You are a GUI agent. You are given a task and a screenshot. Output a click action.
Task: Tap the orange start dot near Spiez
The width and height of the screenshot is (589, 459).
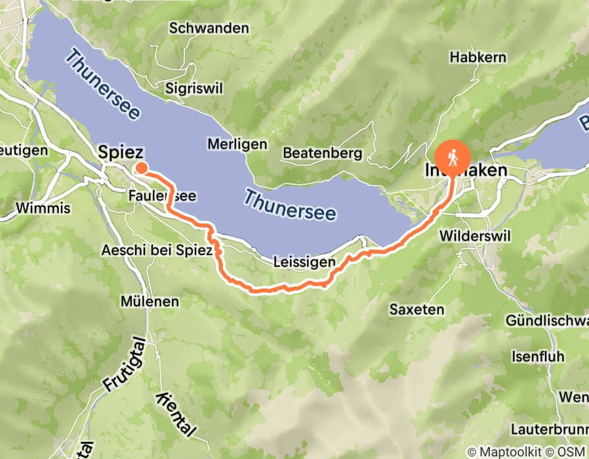click(140, 169)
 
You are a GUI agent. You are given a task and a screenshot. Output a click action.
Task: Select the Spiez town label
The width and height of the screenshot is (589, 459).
click(121, 151)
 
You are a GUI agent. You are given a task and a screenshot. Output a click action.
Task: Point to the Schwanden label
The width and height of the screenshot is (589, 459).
click(209, 28)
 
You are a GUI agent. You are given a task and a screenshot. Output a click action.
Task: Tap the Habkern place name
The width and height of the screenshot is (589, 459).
click(477, 58)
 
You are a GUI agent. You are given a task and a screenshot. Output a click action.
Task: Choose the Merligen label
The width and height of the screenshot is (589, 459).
click(237, 144)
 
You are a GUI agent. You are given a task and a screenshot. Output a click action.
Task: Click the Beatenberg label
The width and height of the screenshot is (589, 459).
click(323, 153)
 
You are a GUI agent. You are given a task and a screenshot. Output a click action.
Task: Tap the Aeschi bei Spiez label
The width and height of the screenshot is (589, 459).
click(157, 250)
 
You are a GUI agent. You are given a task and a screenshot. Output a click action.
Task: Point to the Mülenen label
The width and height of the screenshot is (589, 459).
click(150, 302)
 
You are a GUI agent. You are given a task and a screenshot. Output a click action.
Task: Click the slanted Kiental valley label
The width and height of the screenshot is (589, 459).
click(176, 415)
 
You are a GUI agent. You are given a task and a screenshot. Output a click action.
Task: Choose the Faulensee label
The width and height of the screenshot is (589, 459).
click(163, 196)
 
